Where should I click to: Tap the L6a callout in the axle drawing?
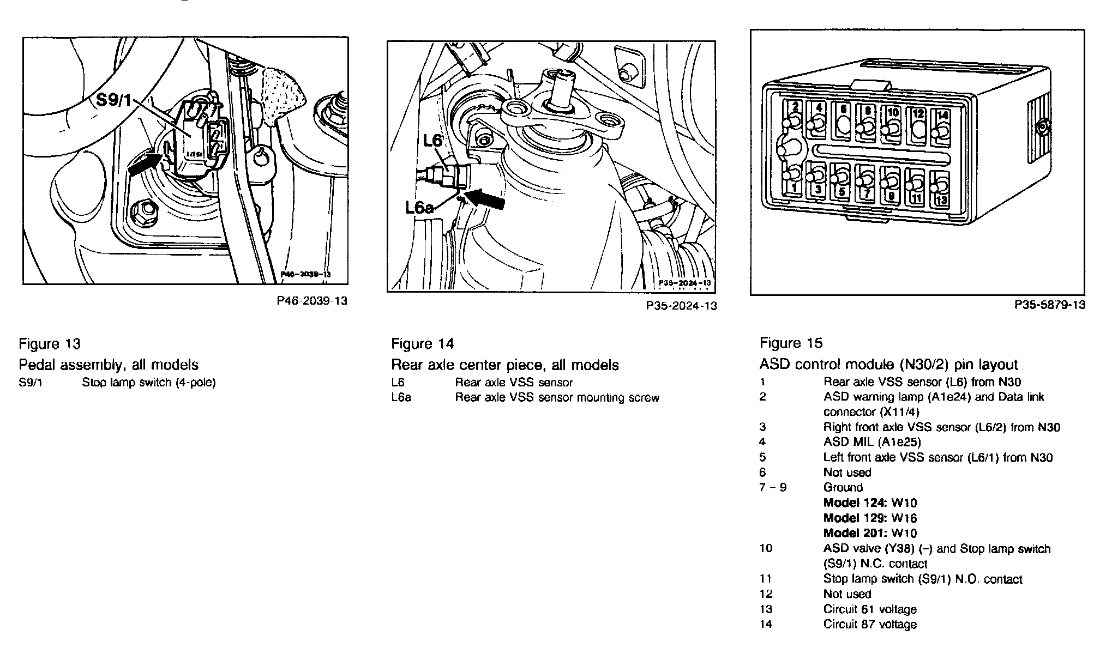(419, 207)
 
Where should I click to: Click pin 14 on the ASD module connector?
(942, 128)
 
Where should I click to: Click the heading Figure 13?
(50, 344)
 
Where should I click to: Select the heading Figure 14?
(422, 344)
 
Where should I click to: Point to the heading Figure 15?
(791, 343)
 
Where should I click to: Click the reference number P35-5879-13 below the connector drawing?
(1050, 305)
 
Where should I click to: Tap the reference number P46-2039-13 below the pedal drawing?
(312, 301)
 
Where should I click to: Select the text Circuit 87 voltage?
(870, 624)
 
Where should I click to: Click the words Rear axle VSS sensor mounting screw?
(557, 398)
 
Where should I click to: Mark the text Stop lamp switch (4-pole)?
(149, 383)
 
